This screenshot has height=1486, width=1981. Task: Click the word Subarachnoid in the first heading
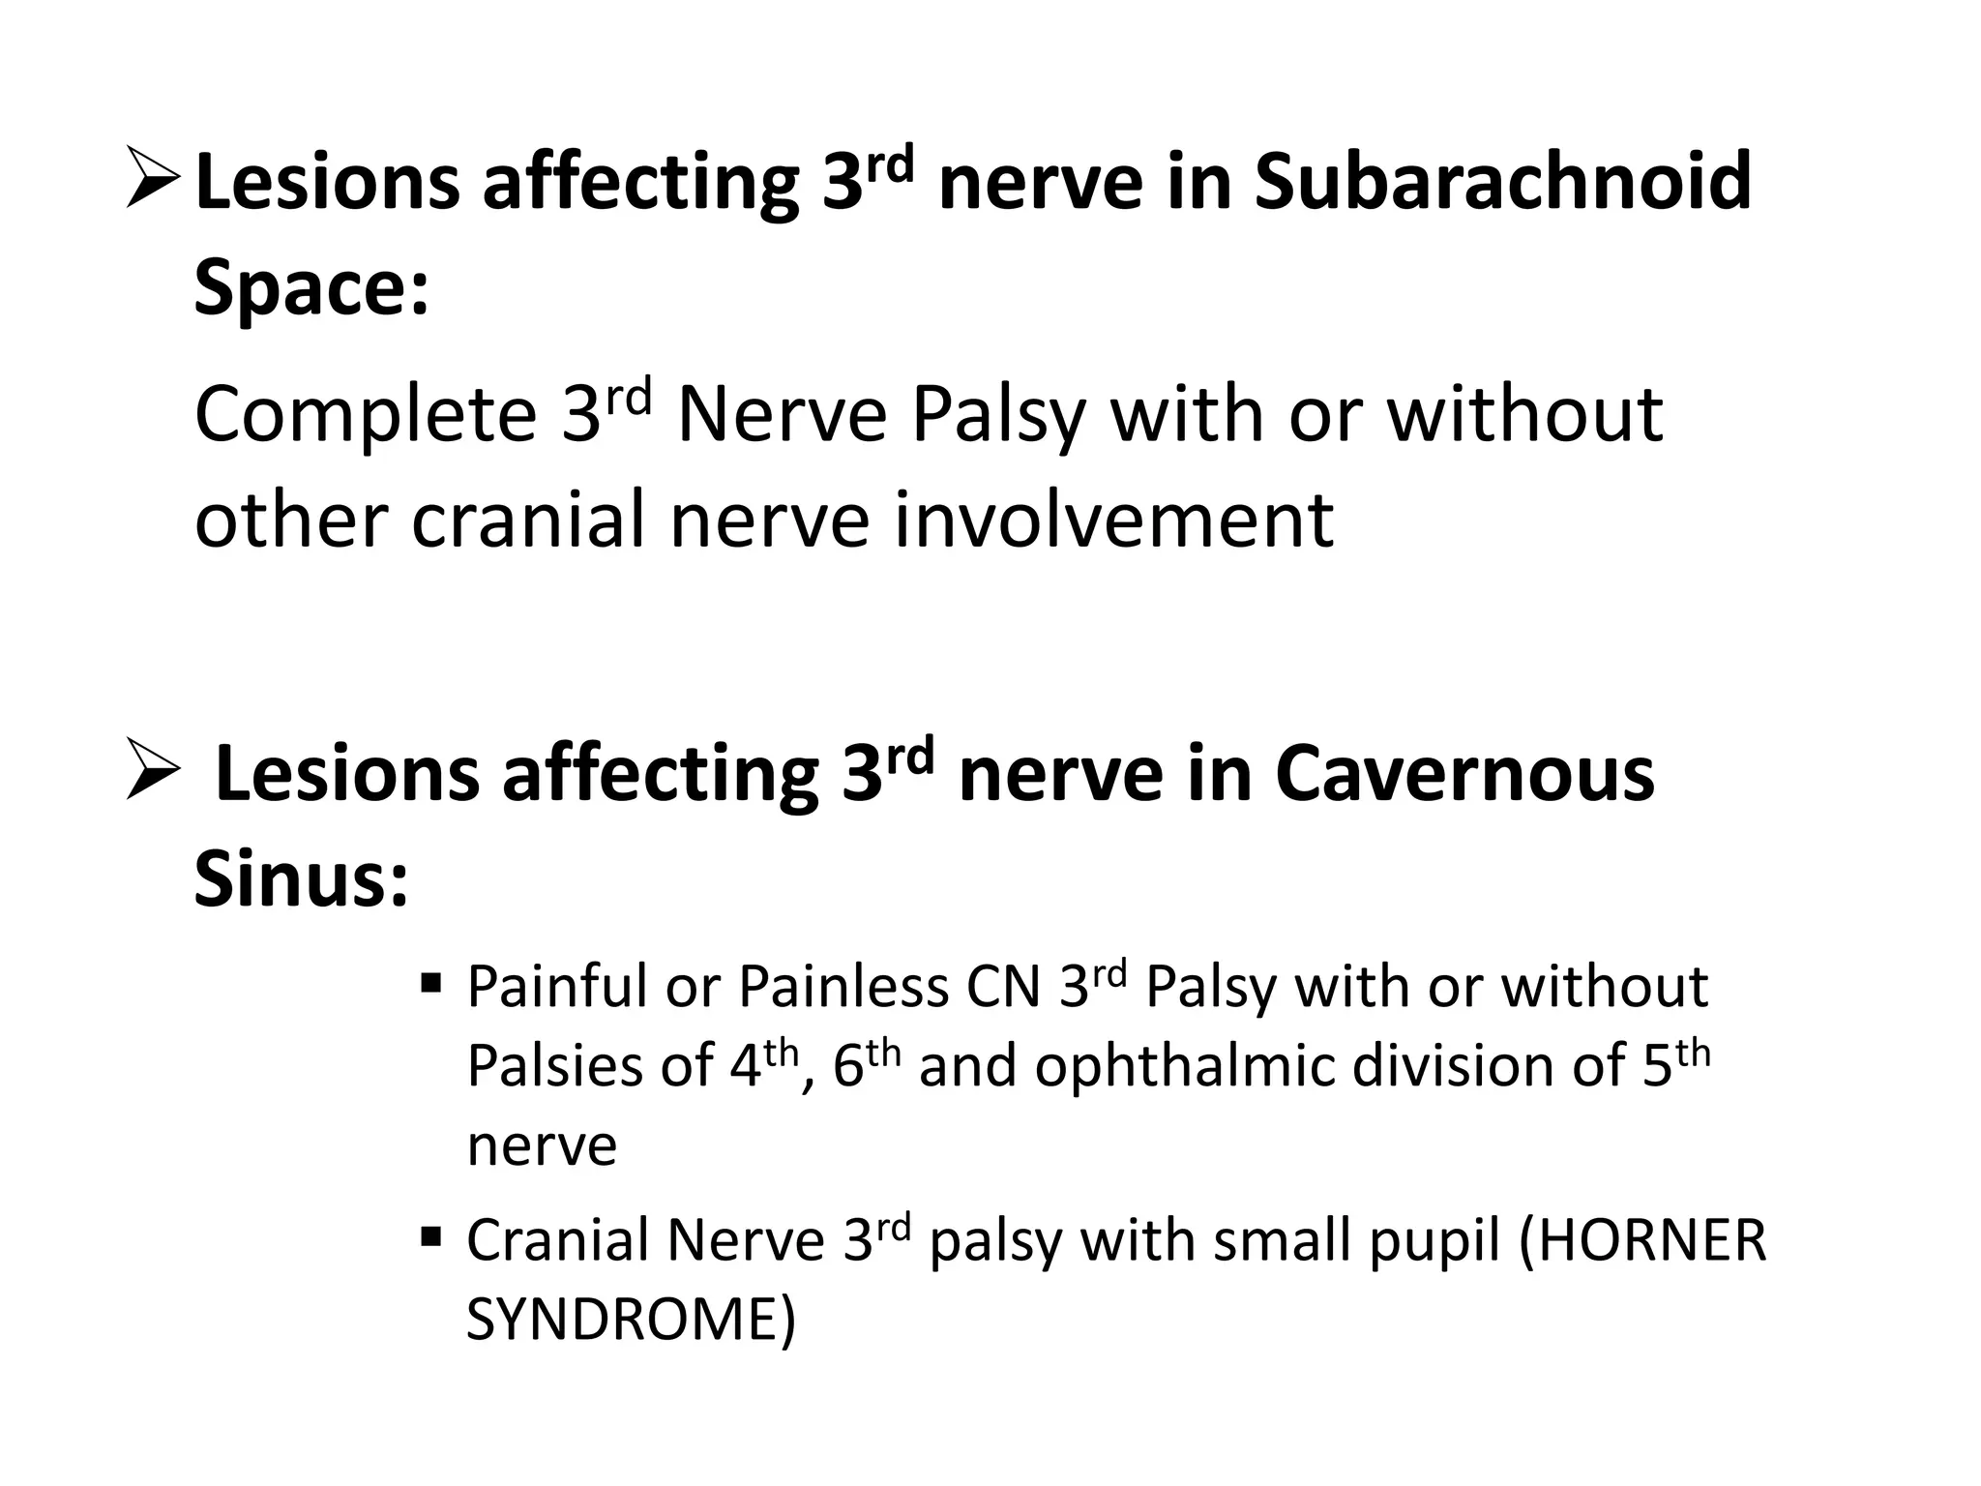click(x=1502, y=181)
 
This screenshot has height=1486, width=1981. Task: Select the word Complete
click(x=365, y=415)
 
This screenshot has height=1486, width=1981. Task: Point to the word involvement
click(x=1112, y=520)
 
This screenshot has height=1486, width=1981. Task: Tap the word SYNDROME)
click(x=631, y=1320)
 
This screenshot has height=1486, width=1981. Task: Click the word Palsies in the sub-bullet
click(x=556, y=1066)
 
